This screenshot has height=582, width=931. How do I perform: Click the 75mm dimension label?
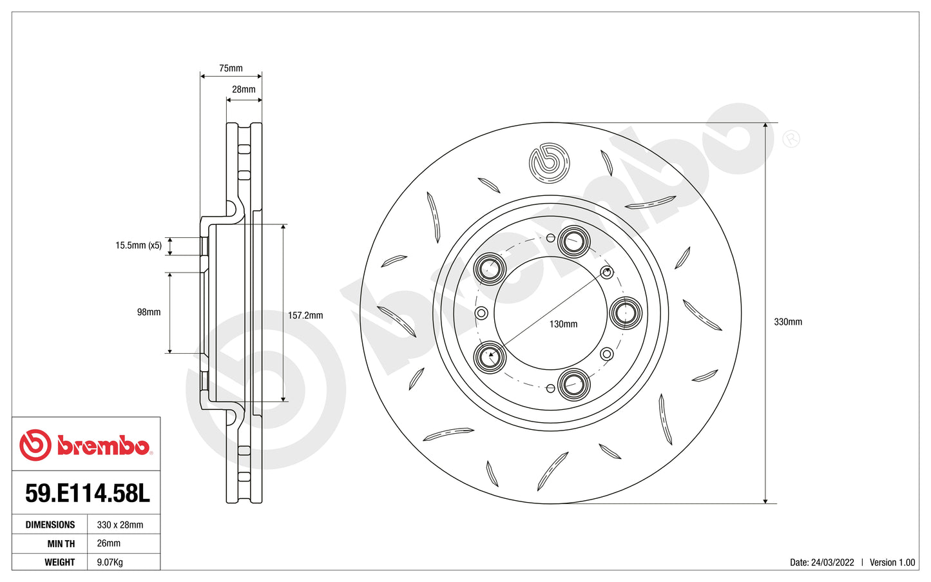click(x=231, y=68)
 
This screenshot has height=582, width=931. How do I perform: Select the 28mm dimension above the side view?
click(x=244, y=90)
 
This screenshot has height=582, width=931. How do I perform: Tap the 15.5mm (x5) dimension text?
click(x=139, y=246)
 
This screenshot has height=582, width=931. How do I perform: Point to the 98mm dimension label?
click(x=149, y=312)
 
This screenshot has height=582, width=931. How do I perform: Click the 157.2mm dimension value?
click(x=305, y=316)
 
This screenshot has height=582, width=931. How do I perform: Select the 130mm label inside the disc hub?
click(x=563, y=324)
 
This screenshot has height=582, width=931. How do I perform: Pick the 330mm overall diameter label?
click(x=788, y=322)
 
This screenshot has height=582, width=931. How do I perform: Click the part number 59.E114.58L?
click(x=87, y=494)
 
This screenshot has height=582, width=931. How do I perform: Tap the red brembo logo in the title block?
click(x=85, y=445)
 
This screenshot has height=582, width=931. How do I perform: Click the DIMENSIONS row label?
click(x=50, y=525)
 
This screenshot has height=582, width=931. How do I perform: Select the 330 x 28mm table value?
click(x=120, y=525)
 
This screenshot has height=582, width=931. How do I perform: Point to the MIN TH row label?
click(x=61, y=543)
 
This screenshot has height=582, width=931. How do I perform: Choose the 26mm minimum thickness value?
click(x=108, y=543)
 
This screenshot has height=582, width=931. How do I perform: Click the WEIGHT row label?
click(x=60, y=562)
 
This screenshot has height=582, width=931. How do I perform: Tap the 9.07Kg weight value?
click(x=110, y=562)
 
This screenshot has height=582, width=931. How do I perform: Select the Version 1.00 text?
click(x=892, y=562)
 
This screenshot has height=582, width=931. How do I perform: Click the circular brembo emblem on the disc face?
click(x=550, y=162)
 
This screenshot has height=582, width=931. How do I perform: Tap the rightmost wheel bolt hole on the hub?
click(x=626, y=313)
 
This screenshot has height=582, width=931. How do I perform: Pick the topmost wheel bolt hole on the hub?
click(x=573, y=242)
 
